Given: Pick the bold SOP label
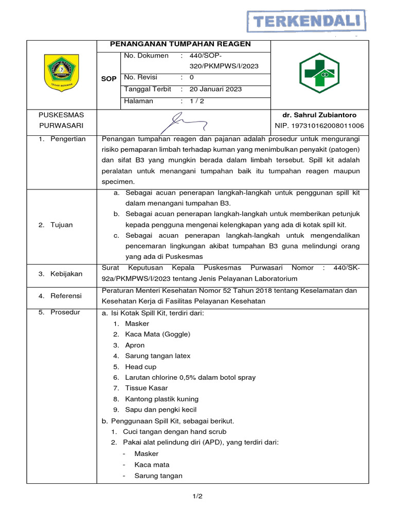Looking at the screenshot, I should click(109, 79).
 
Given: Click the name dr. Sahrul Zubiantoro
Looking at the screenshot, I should click(319, 115).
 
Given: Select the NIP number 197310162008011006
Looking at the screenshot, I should click(319, 126).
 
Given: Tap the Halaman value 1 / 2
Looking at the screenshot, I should click(197, 101).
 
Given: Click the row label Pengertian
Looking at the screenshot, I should click(67, 139).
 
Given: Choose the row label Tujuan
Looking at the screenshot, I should click(61, 224).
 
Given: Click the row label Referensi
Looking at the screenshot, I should click(66, 295).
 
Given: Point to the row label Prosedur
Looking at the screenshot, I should click(65, 312).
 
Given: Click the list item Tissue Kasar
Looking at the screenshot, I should click(146, 388).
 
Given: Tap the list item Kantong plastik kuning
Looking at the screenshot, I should click(161, 399).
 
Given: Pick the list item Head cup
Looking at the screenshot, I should click(140, 367).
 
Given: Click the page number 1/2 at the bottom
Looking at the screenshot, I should click(197, 496).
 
